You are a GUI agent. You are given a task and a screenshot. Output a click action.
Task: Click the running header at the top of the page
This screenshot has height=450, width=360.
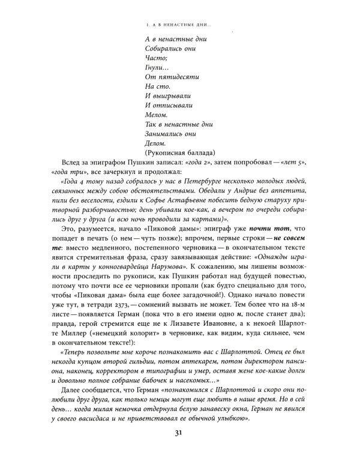click(179, 25)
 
